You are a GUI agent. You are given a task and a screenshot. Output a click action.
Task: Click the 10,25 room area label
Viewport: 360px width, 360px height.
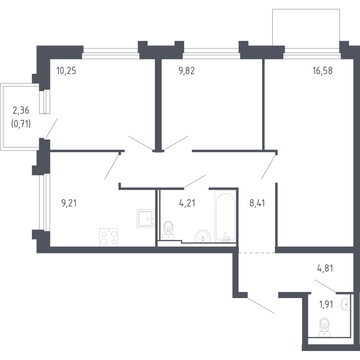pyautogui.click(x=66, y=70)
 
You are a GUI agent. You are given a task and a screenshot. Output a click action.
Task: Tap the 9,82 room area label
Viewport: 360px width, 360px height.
pyautogui.click(x=187, y=70)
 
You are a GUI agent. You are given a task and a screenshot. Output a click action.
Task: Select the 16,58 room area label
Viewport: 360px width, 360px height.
pyautogui.click(x=323, y=70)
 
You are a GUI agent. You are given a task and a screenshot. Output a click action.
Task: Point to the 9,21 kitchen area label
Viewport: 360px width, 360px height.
pyautogui.click(x=69, y=203)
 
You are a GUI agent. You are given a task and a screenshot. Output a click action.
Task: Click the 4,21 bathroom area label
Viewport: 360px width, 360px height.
pyautogui.click(x=187, y=203)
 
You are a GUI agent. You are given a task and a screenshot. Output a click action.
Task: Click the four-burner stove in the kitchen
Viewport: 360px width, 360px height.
pyautogui.click(x=109, y=237)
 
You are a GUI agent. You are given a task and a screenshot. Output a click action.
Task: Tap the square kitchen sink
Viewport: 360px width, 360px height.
pyautogui.click(x=146, y=219)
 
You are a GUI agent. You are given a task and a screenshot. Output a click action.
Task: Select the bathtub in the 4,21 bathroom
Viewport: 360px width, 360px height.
pyautogui.click(x=225, y=216)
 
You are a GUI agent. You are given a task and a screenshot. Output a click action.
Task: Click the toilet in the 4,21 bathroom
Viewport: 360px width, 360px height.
pyautogui.click(x=168, y=230)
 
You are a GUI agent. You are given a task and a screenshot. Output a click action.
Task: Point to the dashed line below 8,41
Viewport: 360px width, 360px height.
pyautogui.click(x=256, y=253)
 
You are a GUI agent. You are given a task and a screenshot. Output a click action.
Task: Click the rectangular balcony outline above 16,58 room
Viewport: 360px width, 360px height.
pyautogui.click(x=306, y=27)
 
